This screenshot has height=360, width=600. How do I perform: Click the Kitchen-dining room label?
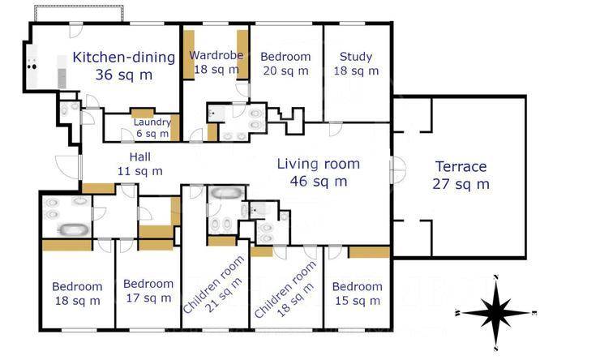pos(123,57)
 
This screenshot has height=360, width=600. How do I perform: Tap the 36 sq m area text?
pos(123,75)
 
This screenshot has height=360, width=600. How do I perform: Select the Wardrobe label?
pos(216,55)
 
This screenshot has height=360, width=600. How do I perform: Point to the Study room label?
pos(356,57)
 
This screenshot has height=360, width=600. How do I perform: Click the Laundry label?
pos(152,122)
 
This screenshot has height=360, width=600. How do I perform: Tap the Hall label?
pos(139,156)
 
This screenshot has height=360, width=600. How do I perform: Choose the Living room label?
pos(319,164)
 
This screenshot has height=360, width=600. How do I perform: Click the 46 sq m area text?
pos(319,181)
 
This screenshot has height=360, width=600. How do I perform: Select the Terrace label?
pos(461,167)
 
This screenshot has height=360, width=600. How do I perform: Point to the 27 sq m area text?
pos(461,184)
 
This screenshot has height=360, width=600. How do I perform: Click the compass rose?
pos(495,313)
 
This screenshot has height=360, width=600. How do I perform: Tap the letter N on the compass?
pos(496,277)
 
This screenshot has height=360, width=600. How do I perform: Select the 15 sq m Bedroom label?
pos(357,294)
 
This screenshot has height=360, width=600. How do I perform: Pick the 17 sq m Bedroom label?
pos(148,291)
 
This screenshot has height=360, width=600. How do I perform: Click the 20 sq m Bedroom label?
pos(285,63)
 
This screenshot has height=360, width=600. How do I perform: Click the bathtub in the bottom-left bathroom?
pos(74,229)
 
